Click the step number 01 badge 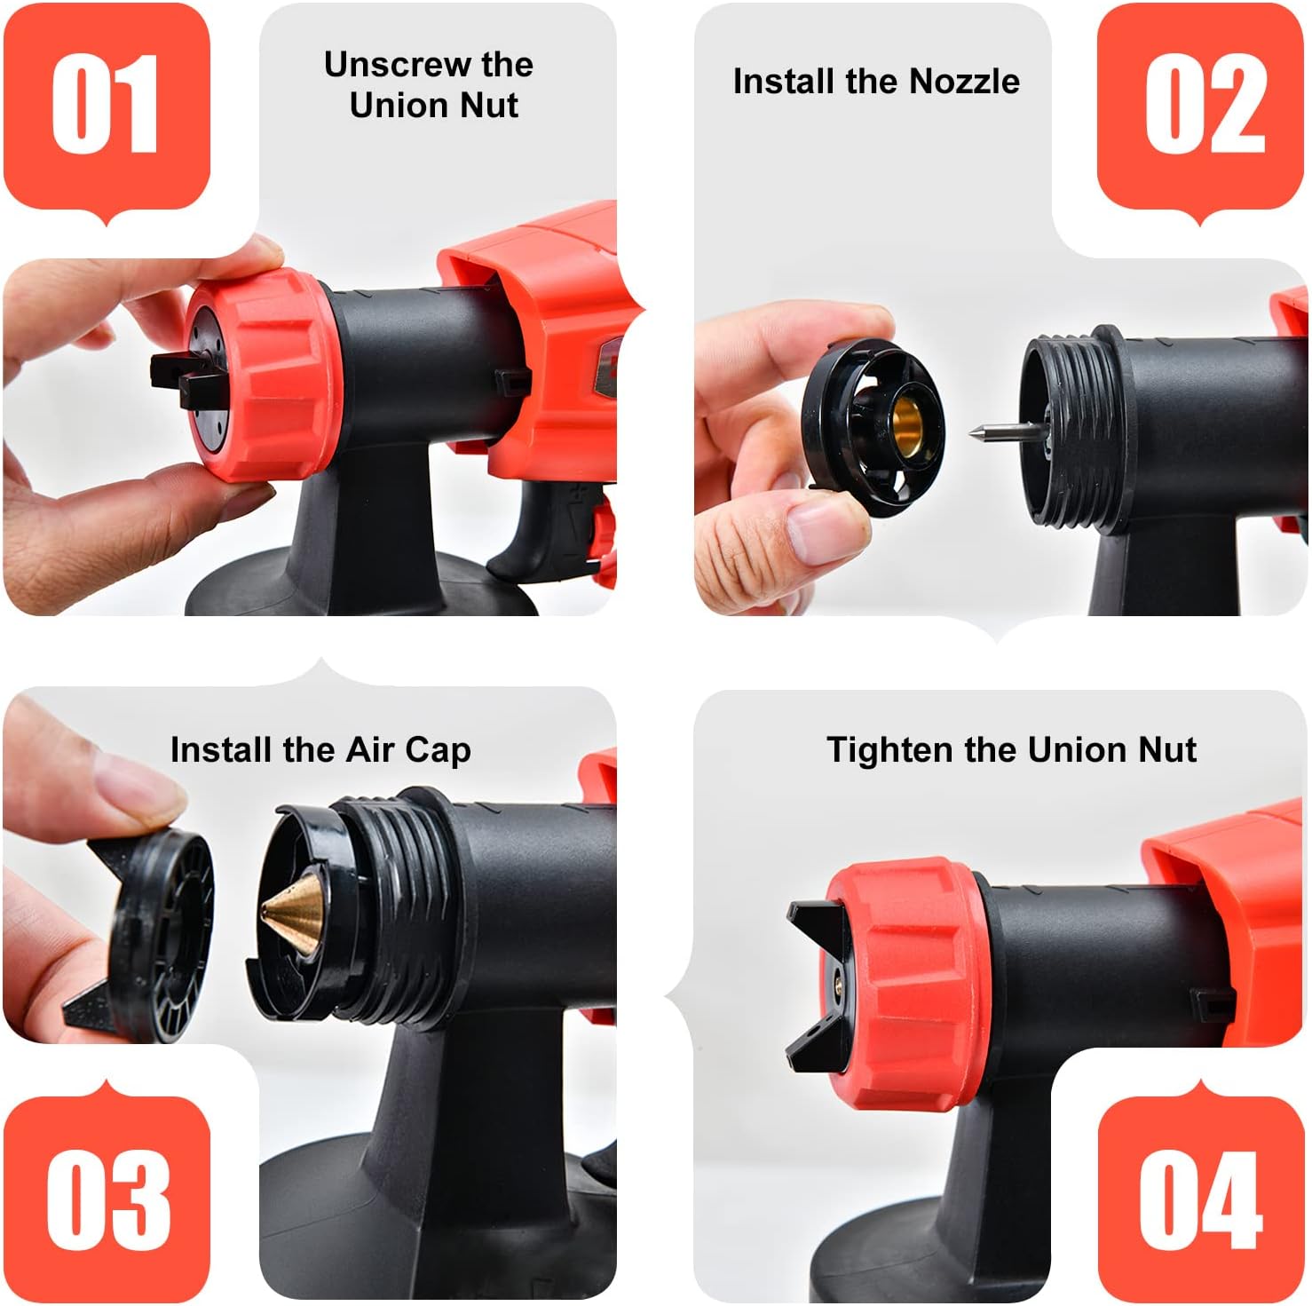[x=107, y=105]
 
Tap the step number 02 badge [x=1202, y=105]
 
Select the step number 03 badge [x=107, y=1199]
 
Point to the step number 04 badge [x=1202, y=1199]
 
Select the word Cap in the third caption [x=438, y=751]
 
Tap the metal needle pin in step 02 [x=1008, y=432]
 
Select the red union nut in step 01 [x=266, y=377]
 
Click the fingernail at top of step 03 [x=133, y=781]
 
